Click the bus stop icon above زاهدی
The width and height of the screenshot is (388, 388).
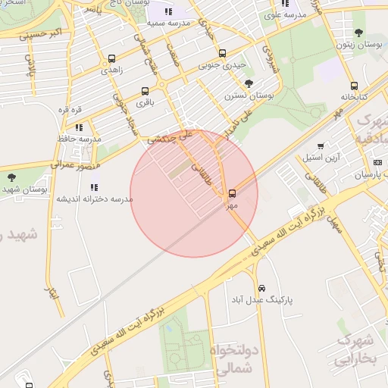112,58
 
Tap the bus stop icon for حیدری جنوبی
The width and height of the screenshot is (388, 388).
221,54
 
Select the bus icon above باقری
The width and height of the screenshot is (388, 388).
145,91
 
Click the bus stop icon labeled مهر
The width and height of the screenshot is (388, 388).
232,193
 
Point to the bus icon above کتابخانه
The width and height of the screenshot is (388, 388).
354,86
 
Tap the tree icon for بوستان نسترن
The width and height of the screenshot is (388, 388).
249,84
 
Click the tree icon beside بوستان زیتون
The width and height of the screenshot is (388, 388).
358,33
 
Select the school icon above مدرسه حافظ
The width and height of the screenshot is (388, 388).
79,127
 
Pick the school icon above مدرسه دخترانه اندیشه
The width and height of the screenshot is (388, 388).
94,187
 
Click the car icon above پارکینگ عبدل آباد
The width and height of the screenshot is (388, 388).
261,289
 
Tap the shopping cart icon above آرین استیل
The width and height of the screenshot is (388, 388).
321,146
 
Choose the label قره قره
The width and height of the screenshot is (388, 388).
70,109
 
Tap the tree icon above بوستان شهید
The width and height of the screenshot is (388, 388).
11,178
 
